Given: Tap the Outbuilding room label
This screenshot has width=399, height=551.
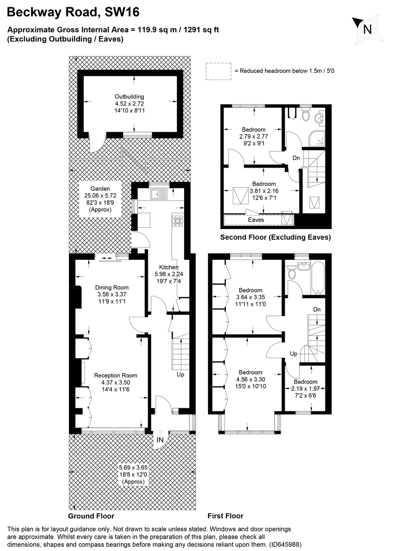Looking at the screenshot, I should pos(129,96).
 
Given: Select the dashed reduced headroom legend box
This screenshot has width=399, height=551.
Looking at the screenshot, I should pos(219,71).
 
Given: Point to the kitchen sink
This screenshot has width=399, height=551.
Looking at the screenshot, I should pos(160,194).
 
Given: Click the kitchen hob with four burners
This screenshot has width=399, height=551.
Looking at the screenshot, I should pos(177,220).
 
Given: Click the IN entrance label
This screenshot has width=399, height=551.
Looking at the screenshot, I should pos(160,440).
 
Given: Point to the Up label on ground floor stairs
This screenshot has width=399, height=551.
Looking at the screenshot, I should pos(181,375).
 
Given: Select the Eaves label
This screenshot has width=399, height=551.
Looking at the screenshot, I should pos(256,220).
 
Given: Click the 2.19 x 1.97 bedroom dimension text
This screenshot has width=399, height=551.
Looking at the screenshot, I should pos(305,388).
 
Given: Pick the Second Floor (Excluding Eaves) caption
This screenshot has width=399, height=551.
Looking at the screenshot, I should pos(275,237).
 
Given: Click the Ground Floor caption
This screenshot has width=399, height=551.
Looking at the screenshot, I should pos(91,516).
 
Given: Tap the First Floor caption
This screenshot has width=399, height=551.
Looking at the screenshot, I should pos(225,516).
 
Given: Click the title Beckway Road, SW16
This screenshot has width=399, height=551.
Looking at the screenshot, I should pos(73,12).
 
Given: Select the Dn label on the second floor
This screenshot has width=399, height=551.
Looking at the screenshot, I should pos(296,158).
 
